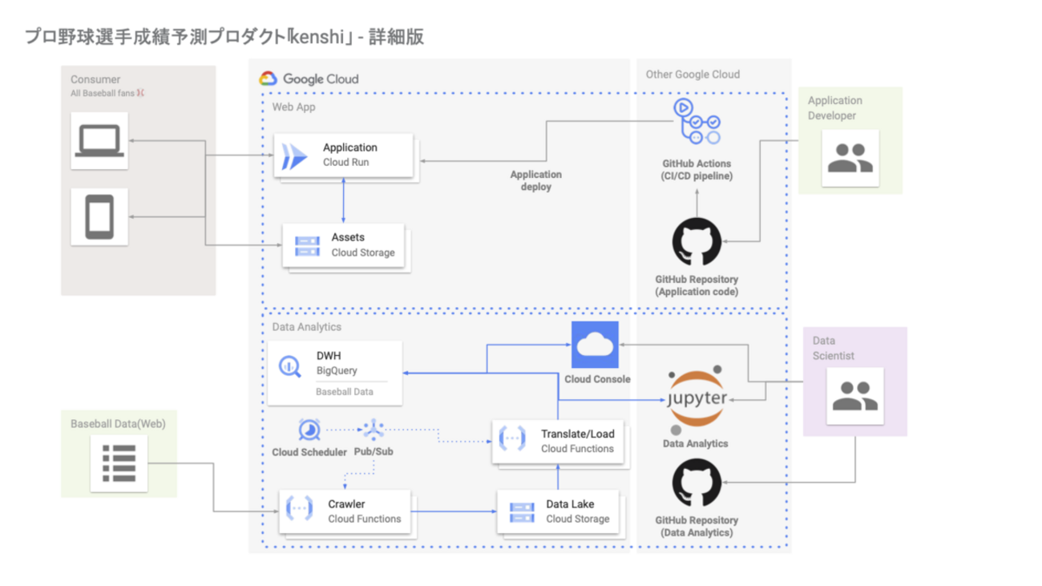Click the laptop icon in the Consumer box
(99, 141)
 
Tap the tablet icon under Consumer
(99, 216)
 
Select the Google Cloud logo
(309, 79)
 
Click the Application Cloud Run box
(344, 156)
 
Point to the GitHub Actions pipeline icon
(697, 121)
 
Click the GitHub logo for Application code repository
(697, 242)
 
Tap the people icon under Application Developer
(850, 158)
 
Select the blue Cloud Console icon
(595, 345)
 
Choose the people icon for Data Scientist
(854, 396)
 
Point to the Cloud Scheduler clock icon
(309, 430)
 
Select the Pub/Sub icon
(373, 430)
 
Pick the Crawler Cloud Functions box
(345, 511)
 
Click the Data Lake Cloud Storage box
(558, 511)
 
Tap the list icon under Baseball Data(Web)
(119, 463)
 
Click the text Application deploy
(536, 180)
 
